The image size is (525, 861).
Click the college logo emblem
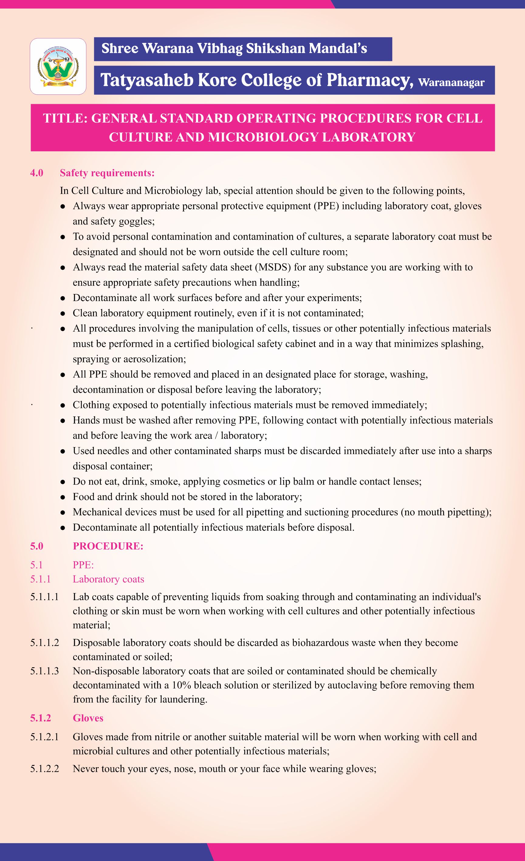click(58, 67)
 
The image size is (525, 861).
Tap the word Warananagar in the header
click(451, 83)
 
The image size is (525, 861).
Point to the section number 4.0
click(37, 173)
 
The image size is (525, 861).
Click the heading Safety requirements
click(107, 173)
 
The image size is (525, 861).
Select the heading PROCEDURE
click(108, 546)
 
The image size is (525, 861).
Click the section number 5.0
click(37, 546)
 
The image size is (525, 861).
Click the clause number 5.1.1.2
click(44, 643)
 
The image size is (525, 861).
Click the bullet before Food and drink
click(63, 497)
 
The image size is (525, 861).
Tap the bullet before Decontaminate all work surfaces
click(63, 298)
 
